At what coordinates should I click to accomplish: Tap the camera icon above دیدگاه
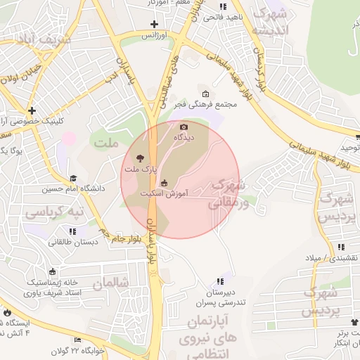coord(184,127)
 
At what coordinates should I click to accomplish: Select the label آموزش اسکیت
coord(162,192)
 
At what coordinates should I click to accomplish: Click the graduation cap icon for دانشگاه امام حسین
coord(74,179)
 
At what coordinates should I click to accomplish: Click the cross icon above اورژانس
coord(154,25)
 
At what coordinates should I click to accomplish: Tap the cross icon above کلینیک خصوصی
coord(32,110)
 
